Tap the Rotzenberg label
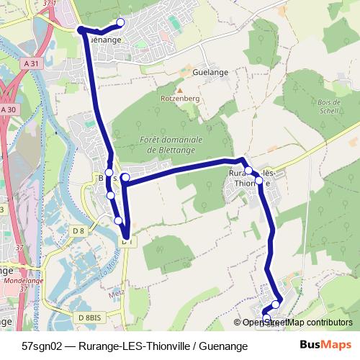(x=177, y=96)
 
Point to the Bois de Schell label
(x=328, y=106)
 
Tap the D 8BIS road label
(x=89, y=317)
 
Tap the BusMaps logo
(x=325, y=346)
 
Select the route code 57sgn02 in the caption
(x=43, y=346)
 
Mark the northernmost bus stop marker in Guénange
(x=120, y=22)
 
